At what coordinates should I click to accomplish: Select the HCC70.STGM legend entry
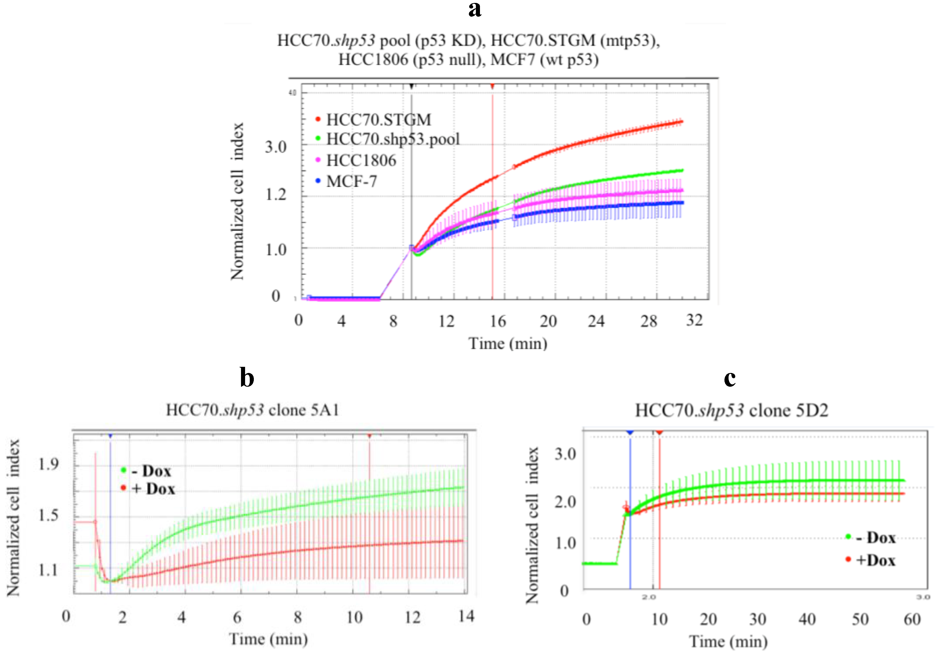point(378,120)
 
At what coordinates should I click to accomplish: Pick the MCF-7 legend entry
point(351,181)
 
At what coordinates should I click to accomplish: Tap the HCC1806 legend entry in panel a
point(361,160)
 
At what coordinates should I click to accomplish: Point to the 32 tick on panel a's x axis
point(694,320)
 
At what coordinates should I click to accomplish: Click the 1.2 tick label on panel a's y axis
point(276,195)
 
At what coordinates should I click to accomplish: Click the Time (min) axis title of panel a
point(508,343)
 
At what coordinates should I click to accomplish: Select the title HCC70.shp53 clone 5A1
point(252,410)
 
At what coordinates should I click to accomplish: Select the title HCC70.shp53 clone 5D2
point(731,410)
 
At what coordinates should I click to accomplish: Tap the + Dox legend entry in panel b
point(153,489)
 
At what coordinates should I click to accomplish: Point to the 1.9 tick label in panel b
point(48,464)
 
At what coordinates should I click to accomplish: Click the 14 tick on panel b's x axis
point(466,616)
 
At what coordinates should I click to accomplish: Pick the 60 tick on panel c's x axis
point(912,619)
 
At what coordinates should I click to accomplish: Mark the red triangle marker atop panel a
point(493,86)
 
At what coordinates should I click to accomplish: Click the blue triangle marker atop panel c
point(630,432)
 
